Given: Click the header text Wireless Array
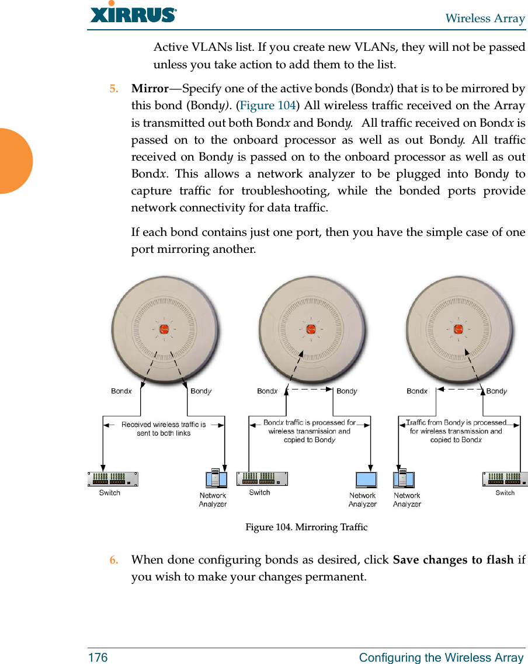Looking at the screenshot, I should pos(485,19).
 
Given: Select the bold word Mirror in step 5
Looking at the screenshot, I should pos(150,89).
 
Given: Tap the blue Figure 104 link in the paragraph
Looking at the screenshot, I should pos(269,106).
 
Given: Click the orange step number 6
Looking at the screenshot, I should pos(114,560).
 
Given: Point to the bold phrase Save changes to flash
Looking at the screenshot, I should pos(453,560).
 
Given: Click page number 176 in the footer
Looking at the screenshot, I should pos(98,658).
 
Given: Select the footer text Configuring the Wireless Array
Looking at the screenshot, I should pos(441,658).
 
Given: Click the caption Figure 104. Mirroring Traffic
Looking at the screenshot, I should pos(306,527).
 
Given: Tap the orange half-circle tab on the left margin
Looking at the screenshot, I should pos(14,161).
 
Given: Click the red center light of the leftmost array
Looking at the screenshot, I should pos(164,328).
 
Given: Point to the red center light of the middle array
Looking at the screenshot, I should pos(311,328).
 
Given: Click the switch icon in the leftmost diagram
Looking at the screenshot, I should pos(113,479).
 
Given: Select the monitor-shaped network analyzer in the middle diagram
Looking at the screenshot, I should pos(366,479).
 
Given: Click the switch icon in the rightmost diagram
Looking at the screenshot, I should pos(505,479).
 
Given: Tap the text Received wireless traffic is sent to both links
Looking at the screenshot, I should pos(164,429).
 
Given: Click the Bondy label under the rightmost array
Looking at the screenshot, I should pos(496,391).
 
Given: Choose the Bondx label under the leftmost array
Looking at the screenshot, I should pos(121,391).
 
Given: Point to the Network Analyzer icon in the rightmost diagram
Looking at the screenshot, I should pos(404,479).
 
